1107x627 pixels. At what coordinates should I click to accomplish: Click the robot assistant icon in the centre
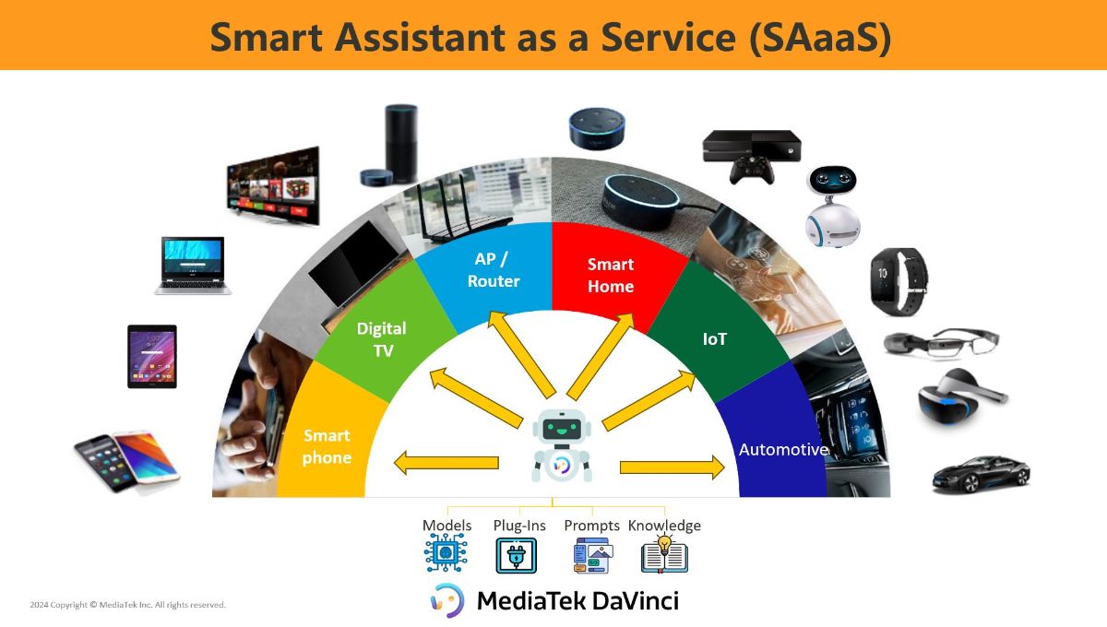tap(562, 445)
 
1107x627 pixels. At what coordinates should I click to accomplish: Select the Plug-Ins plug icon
tap(517, 555)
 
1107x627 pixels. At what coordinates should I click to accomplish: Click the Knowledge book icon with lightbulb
tap(664, 554)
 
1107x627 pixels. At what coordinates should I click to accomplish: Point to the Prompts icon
tap(593, 555)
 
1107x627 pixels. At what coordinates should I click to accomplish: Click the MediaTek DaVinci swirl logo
tap(447, 600)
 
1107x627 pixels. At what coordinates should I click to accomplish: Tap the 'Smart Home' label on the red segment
tap(611, 275)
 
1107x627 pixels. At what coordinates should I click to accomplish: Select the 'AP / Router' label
tap(494, 270)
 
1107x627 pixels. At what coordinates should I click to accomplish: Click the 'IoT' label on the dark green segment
tap(715, 339)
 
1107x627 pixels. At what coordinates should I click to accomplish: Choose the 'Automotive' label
tap(784, 449)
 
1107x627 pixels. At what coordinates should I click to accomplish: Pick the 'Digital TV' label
tap(382, 339)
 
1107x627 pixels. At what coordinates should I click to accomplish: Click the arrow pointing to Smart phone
tap(446, 463)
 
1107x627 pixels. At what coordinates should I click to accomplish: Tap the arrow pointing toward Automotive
tap(673, 467)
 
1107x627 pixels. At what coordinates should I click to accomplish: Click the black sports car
tap(981, 474)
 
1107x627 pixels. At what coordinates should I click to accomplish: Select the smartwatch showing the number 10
tap(899, 281)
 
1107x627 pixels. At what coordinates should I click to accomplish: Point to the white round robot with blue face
tap(833, 207)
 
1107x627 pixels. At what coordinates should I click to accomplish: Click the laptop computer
tap(193, 266)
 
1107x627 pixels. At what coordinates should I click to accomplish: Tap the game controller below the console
tap(751, 171)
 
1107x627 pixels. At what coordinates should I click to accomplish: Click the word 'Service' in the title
tap(668, 37)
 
